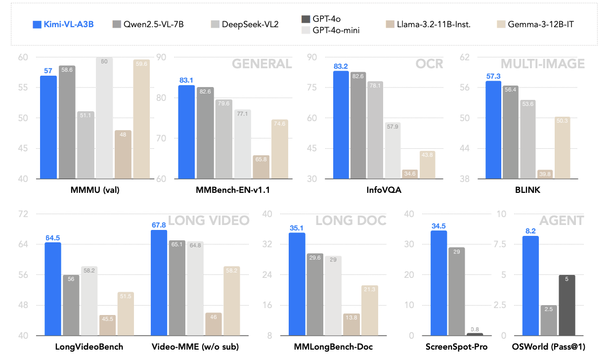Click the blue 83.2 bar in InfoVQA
[x=341, y=125]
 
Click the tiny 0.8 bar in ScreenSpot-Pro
[x=475, y=334]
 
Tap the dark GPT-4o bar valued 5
[x=567, y=305]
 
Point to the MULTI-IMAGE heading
[x=542, y=64]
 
